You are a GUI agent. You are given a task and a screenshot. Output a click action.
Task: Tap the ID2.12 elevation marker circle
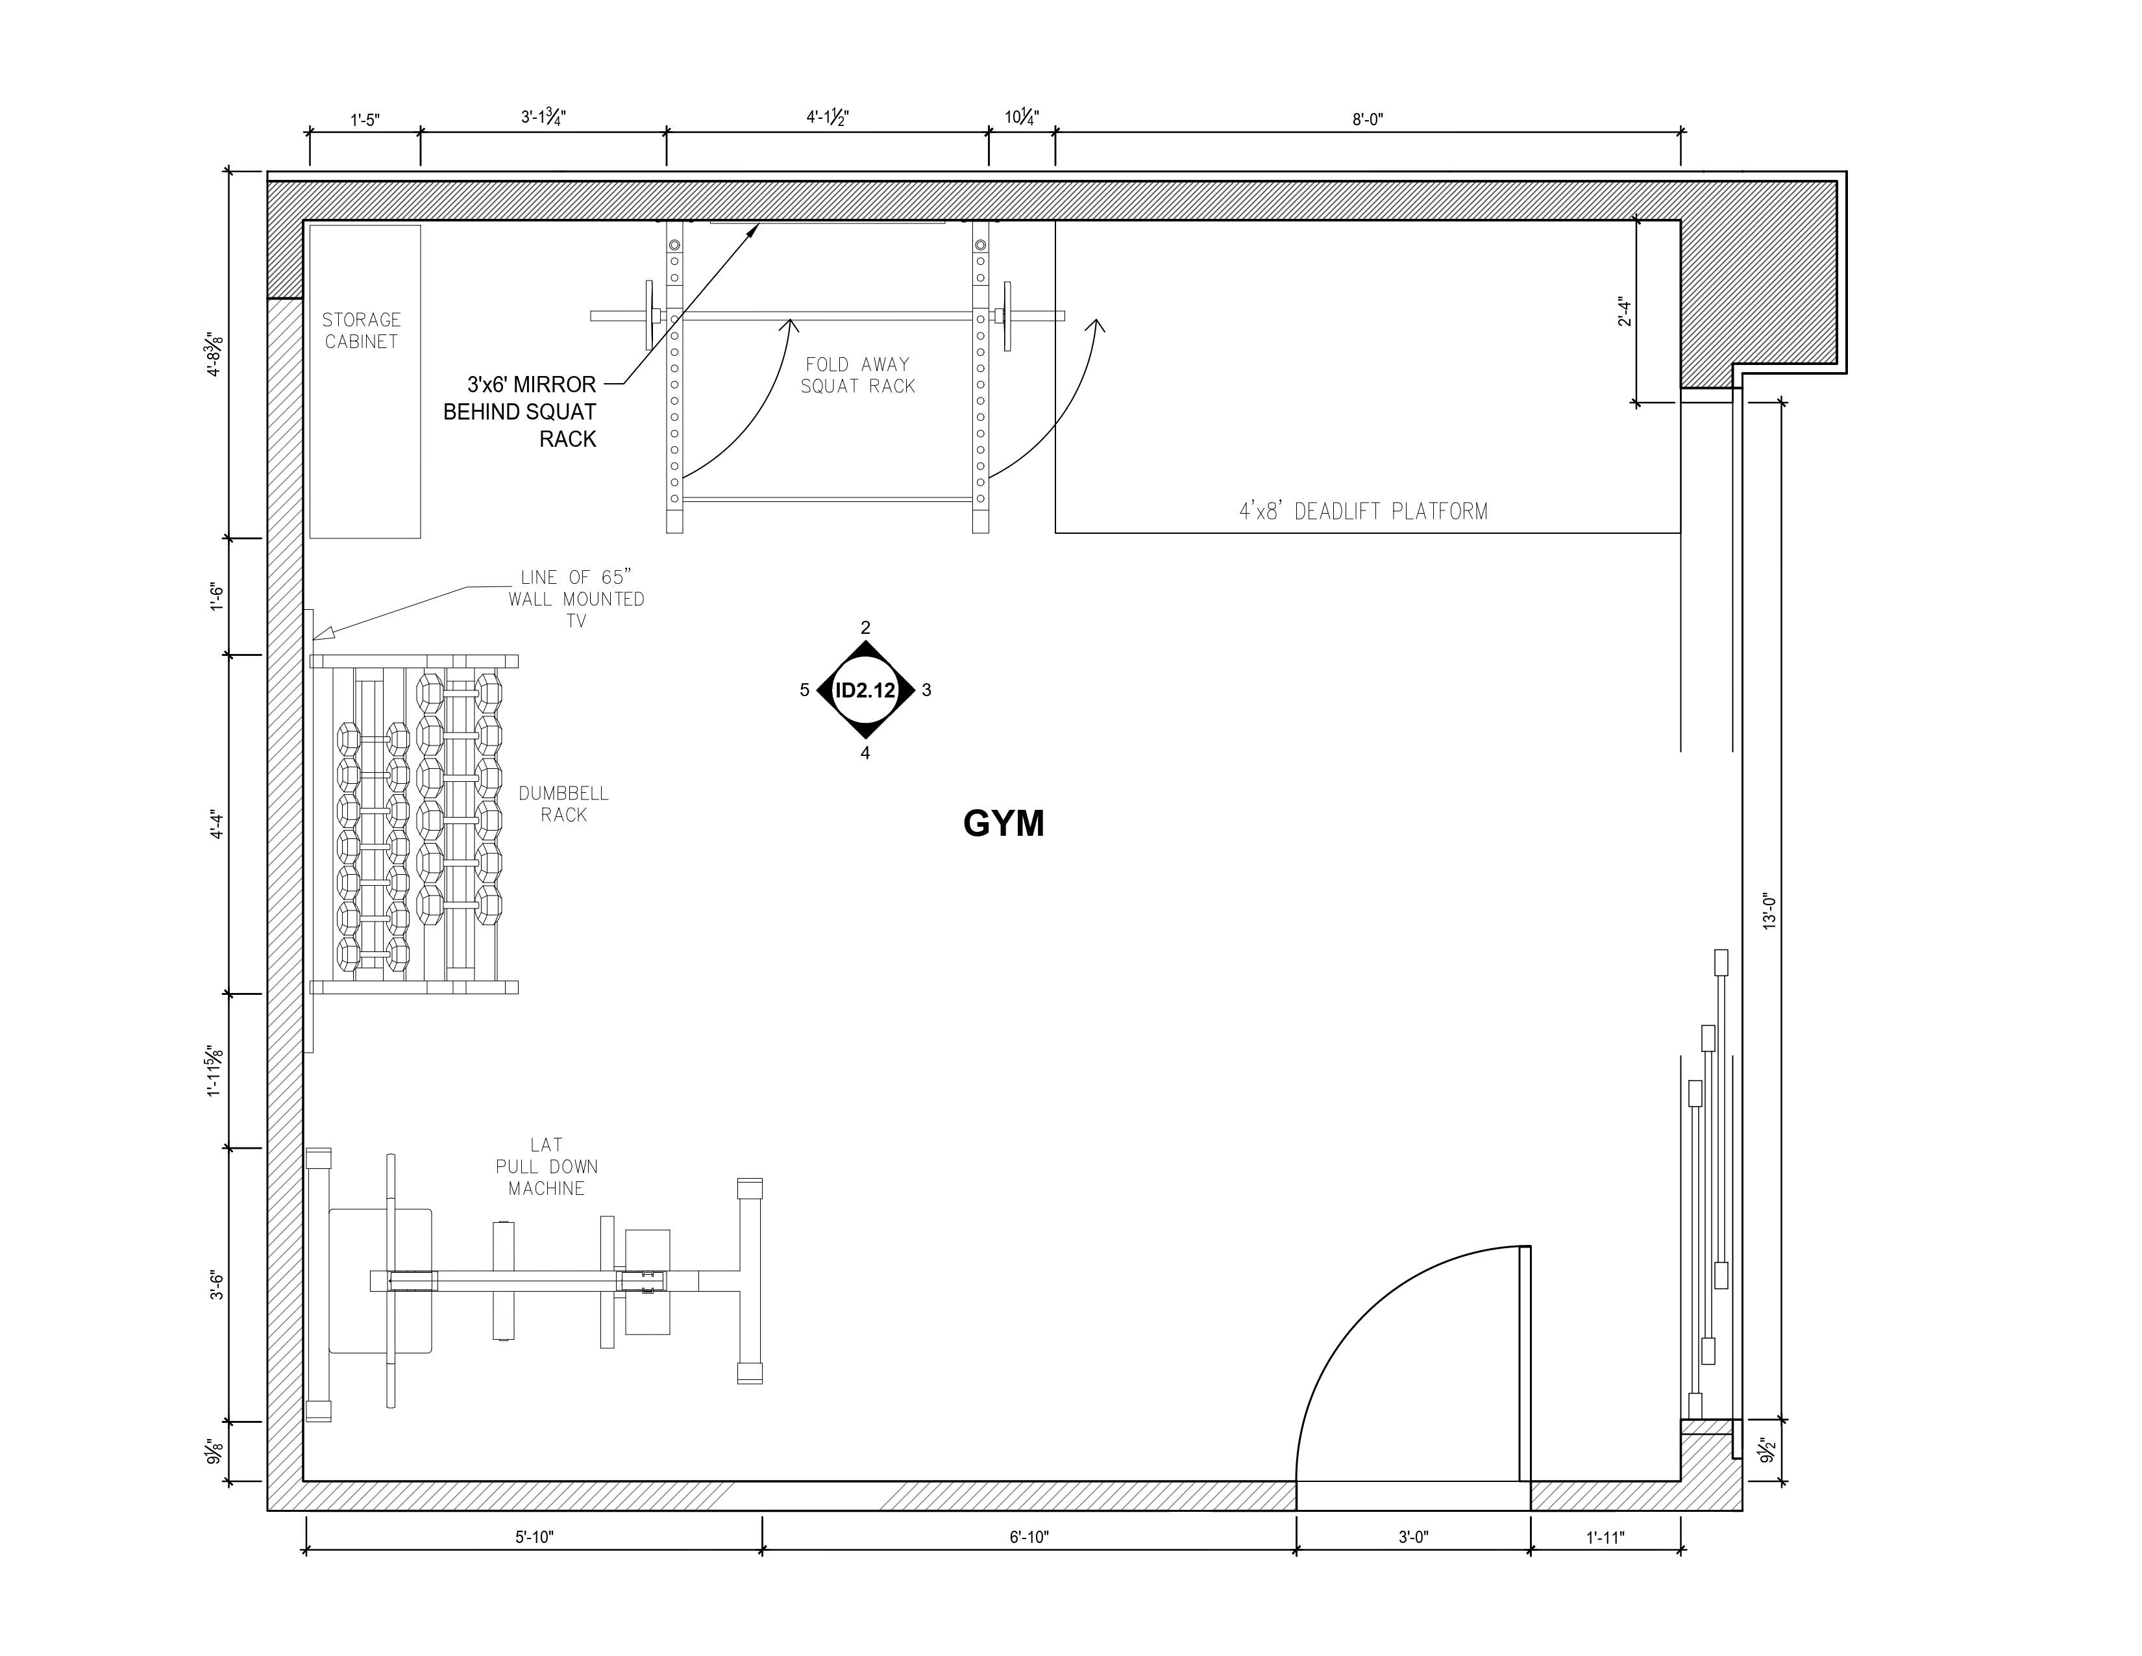(x=865, y=690)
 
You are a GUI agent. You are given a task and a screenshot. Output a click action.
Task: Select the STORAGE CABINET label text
(x=361, y=331)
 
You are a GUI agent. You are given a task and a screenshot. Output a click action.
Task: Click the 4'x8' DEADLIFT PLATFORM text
(x=1363, y=511)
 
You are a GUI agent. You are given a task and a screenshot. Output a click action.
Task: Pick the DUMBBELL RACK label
(x=564, y=803)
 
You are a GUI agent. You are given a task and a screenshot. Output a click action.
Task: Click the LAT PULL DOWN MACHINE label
(x=547, y=1166)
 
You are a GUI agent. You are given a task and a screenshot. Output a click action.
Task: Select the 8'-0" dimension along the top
(x=1367, y=119)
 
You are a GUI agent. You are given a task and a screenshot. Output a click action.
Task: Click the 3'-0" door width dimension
(x=1413, y=1537)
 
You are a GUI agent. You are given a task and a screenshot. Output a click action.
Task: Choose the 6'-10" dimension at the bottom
(x=1029, y=1537)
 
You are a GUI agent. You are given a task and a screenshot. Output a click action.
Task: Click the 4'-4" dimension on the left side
(x=217, y=825)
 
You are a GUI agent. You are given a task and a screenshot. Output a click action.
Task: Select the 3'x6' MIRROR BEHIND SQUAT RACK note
(x=520, y=411)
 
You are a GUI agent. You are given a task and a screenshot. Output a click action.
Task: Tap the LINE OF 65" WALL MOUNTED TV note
(x=576, y=599)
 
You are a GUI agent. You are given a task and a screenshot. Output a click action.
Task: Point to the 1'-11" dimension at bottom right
(x=1605, y=1537)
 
